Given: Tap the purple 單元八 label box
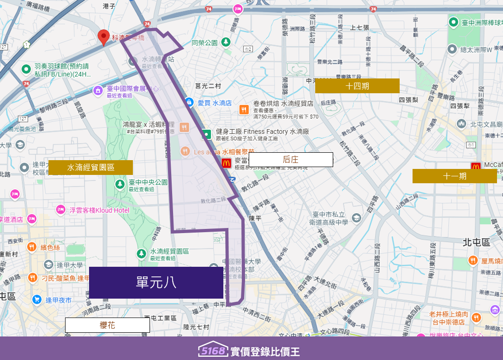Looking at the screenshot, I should click(156, 282).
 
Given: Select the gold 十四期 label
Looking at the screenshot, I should click(357, 86).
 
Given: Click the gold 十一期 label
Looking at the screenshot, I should click(455, 176).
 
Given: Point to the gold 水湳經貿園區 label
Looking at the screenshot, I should click(91, 168).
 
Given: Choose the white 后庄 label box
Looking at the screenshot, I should click(291, 160).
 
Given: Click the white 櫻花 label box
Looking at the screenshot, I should click(108, 325).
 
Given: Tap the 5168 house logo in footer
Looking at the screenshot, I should click(214, 350).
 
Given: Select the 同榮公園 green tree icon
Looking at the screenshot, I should click(226, 42).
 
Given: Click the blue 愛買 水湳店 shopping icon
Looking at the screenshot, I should click(189, 102).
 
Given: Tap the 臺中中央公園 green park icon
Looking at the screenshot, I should click(120, 184).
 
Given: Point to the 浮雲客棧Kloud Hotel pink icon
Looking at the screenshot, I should click(60, 210).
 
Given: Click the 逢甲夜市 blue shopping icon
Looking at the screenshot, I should click(37, 300).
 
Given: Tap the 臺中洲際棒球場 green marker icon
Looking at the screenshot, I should click(454, 22).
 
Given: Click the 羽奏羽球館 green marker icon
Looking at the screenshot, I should click(26, 69).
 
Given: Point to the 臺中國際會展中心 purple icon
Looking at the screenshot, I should click(98, 90).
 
